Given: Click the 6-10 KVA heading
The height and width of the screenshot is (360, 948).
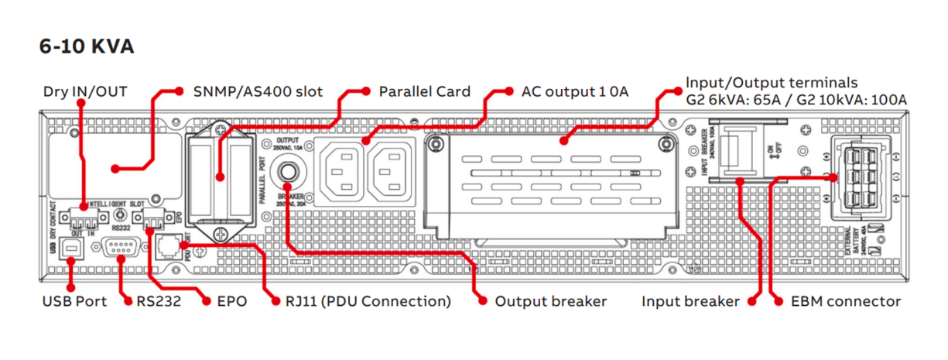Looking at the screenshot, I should tap(87, 46).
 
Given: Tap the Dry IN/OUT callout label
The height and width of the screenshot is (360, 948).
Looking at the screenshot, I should tap(84, 92).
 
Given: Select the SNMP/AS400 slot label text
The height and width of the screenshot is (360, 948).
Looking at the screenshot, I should tap(257, 91).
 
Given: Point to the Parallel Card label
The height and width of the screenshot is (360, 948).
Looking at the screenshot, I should tap(424, 91).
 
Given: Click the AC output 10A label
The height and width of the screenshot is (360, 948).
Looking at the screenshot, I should tap(575, 91).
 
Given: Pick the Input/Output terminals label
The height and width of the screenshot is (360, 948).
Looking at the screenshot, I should tap(796, 91).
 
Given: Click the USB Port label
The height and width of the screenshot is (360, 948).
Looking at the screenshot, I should tap(74, 301).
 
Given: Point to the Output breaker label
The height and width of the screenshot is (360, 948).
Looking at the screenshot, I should tap(550, 301).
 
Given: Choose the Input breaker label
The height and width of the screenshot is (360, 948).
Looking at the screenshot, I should tap(690, 301).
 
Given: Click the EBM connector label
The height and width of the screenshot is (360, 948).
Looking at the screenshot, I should tap(847, 301).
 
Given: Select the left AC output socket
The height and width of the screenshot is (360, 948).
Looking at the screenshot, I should tap(340, 170).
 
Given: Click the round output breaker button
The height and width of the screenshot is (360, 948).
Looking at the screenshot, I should tap(290, 172).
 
